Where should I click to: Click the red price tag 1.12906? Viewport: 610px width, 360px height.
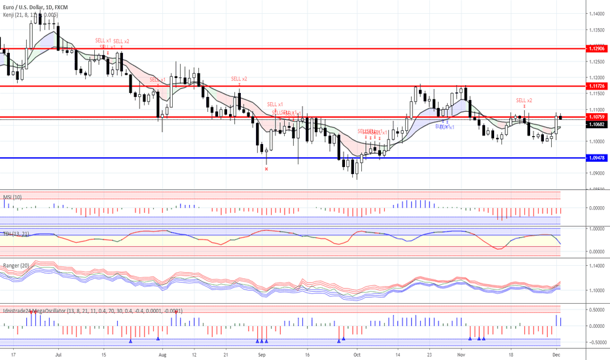point(597,48)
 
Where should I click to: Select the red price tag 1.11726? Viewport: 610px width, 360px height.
point(597,86)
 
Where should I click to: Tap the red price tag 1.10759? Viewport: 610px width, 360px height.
point(597,117)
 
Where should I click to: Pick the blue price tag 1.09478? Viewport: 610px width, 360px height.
point(597,158)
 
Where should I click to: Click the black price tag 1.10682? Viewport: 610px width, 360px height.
point(597,124)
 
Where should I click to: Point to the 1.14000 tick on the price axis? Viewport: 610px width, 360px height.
point(596,14)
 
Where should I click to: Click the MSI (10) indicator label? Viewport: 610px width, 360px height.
point(13,196)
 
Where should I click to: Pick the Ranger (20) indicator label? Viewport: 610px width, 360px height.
point(16,265)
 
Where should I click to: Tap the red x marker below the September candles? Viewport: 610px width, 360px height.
point(266,169)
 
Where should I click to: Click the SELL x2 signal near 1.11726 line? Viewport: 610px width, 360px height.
point(239,79)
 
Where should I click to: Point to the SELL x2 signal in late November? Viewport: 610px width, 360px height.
point(524,100)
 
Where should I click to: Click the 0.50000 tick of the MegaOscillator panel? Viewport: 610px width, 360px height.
point(596,310)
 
